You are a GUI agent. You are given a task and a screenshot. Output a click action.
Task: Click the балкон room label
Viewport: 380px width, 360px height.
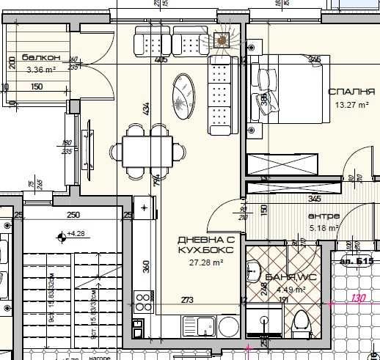coord(36,57)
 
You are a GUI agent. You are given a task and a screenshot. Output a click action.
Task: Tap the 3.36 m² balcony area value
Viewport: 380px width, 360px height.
coord(41,70)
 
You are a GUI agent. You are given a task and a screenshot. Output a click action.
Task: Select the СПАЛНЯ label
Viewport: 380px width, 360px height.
coord(351,92)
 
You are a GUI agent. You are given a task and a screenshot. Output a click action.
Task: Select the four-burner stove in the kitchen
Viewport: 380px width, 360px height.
coord(140,300)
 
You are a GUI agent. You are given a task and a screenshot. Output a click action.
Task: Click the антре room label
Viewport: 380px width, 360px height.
coord(324,216)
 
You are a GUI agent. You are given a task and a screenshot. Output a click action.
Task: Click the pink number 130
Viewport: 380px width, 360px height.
coord(357,298)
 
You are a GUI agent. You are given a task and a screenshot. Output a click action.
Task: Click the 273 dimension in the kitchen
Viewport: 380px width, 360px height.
coord(187,299)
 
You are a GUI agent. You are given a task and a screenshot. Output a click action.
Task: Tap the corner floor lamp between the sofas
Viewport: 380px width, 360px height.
coord(222,40)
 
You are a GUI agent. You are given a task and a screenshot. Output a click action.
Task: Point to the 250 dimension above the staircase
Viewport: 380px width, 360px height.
coord(73,215)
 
